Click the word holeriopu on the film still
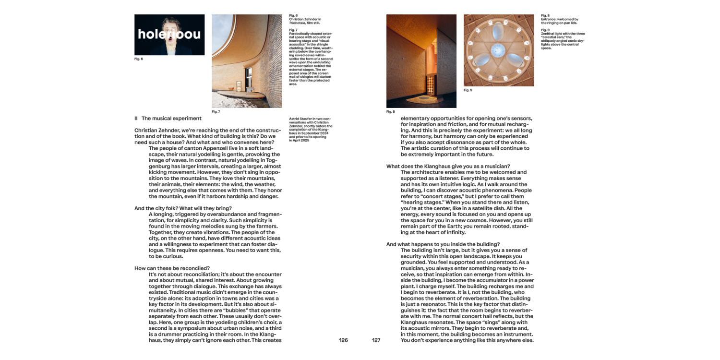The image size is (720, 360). (169, 34)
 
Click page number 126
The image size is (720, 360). (343, 340)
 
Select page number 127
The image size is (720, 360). (376, 340)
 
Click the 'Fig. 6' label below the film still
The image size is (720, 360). (139, 59)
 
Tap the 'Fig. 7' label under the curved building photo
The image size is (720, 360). (216, 112)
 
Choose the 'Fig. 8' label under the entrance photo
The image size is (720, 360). (391, 112)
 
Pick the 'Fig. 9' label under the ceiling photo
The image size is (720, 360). (468, 90)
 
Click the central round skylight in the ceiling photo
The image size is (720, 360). (498, 48)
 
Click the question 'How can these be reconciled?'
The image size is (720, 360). (172, 268)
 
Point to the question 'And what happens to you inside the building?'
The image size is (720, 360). (443, 244)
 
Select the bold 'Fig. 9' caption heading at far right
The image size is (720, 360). (545, 30)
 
